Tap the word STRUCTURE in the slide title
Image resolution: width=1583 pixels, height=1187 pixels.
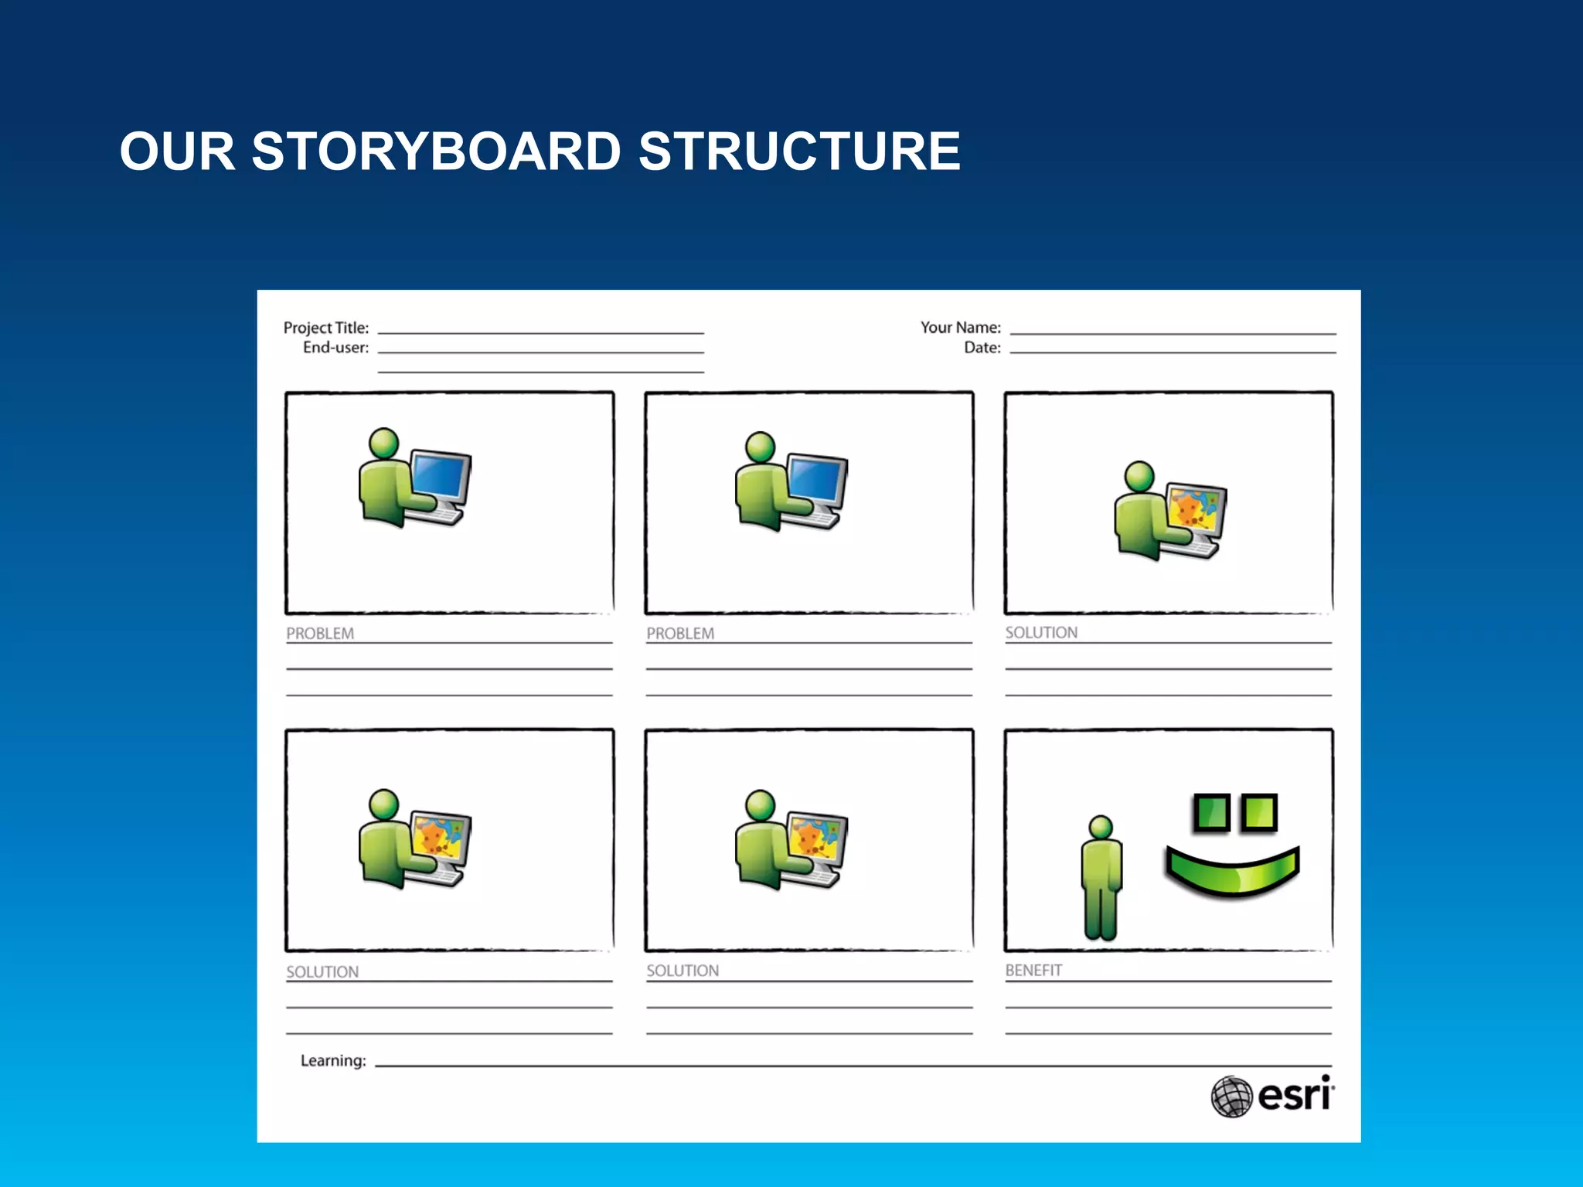[799, 151]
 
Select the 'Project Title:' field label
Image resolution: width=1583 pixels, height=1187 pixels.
[326, 328]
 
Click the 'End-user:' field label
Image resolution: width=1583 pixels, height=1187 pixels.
[335, 348]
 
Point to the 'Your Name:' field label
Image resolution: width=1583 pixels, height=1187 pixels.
[960, 328]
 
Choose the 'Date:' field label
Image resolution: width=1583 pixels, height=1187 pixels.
[982, 348]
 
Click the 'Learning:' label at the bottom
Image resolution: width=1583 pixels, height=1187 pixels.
[333, 1060]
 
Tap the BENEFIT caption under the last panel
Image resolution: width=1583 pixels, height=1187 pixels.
[1033, 970]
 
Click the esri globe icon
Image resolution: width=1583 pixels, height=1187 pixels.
[1231, 1096]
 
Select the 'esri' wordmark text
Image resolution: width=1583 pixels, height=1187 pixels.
[1295, 1095]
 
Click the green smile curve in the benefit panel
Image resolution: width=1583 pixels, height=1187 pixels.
[1233, 873]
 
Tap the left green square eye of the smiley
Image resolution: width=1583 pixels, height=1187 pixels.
[1211, 812]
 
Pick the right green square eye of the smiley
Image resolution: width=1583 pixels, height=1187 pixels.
[1259, 812]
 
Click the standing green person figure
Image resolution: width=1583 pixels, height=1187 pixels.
[1101, 881]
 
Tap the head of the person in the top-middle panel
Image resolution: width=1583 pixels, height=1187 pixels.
[760, 447]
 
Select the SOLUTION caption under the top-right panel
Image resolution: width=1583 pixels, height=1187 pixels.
[1041, 632]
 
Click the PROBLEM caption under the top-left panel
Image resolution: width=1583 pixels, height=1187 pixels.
[320, 633]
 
